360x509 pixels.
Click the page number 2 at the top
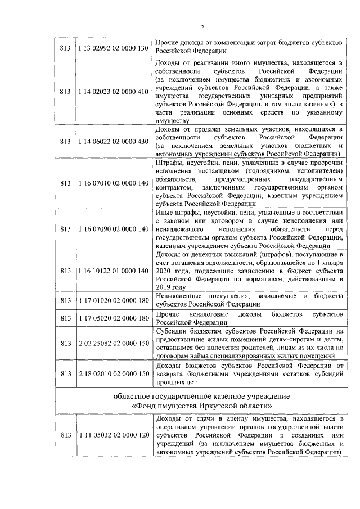(x=202, y=28)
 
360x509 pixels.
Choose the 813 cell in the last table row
(x=65, y=436)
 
